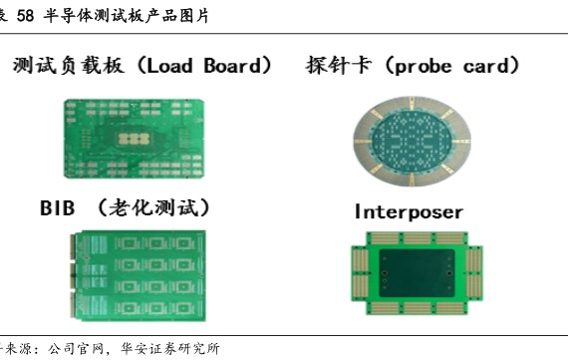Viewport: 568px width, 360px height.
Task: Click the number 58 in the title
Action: [25, 16]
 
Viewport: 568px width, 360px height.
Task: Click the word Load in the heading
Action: [169, 66]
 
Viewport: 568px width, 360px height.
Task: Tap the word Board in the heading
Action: [232, 66]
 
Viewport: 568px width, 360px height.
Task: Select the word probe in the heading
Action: [424, 67]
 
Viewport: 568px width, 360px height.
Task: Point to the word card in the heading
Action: [486, 66]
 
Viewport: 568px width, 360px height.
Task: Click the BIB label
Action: [57, 208]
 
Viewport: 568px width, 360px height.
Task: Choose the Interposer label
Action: [409, 212]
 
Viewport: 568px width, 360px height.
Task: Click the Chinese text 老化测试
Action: [153, 207]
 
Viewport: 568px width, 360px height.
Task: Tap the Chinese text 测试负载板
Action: [68, 66]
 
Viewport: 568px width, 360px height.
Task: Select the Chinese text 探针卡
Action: [339, 66]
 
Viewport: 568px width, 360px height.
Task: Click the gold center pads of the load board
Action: [134, 139]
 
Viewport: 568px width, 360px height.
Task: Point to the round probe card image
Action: [412, 141]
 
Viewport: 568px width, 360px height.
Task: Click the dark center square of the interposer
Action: [417, 273]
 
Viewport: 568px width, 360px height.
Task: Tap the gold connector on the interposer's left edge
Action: [360, 273]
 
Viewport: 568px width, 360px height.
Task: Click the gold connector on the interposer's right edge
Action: [473, 273]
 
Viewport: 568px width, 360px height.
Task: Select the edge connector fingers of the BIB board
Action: [73, 276]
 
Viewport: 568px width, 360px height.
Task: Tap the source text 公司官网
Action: [76, 349]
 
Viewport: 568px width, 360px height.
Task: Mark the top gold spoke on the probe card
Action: [412, 104]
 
